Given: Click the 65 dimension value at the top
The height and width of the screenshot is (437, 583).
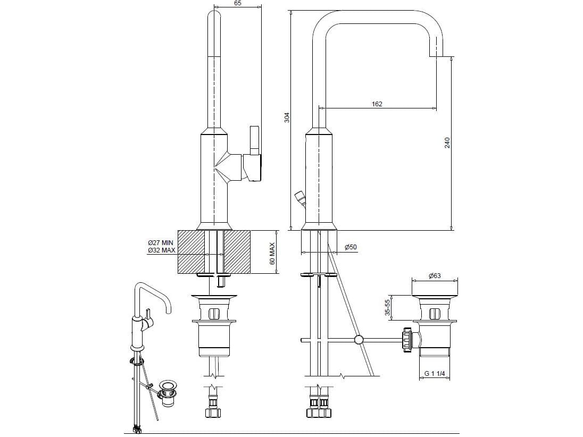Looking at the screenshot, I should pos(237,3).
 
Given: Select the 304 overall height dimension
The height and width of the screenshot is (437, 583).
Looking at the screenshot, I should pos(287,117).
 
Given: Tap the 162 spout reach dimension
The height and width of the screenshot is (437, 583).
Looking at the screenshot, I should pos(377,104).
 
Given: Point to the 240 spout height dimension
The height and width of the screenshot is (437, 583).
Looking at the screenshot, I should pos(447,142).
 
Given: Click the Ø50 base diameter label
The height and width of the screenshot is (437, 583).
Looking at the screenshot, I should pos(351,247).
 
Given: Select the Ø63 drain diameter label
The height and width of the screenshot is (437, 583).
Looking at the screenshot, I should pos(435,276).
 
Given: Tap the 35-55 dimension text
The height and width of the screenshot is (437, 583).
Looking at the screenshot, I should pos(388,308).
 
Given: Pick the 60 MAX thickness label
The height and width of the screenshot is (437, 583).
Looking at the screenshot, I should pos(272,254).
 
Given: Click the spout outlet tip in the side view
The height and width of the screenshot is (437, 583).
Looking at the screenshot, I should pos(436,53).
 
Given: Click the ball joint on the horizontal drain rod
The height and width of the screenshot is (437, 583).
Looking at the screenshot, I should pos(359,339).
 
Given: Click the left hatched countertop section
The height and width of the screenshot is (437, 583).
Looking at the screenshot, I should pos(190,251).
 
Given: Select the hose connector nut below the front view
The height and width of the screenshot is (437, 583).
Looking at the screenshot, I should pos(214,411).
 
